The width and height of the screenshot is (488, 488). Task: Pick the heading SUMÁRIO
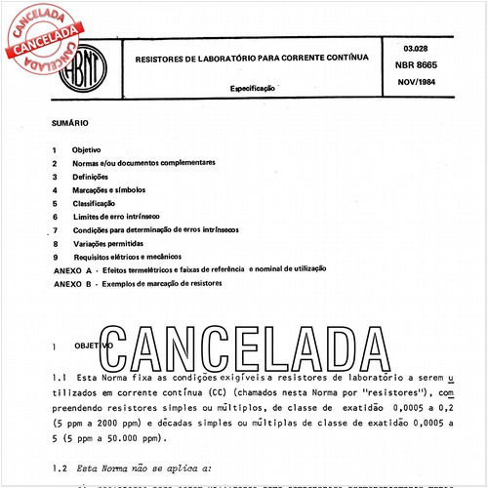(69, 123)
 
